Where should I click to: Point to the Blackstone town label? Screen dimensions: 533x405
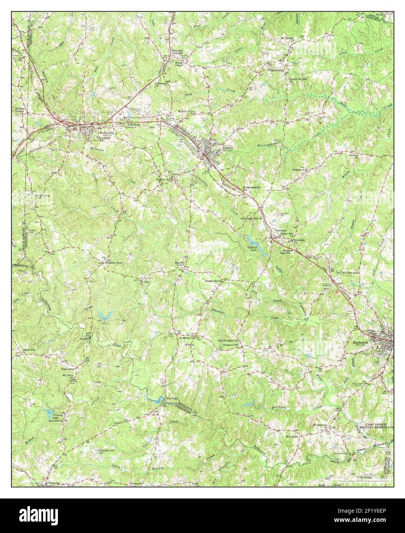[x=360, y=342]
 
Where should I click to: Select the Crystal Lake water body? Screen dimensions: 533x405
[x=254, y=242]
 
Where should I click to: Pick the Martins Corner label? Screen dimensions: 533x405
[x=178, y=264]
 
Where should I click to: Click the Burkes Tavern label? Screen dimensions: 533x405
[x=19, y=111]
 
